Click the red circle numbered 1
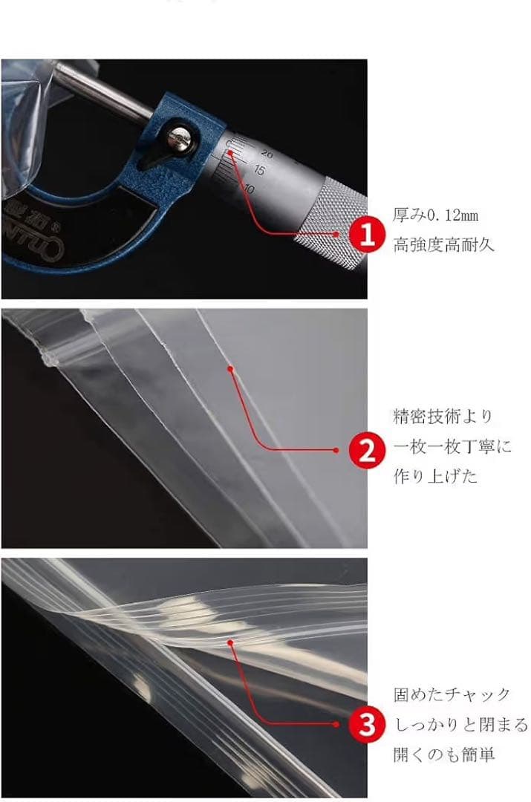pyautogui.click(x=367, y=235)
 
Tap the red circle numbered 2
pyautogui.click(x=367, y=451)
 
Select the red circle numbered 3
pyautogui.click(x=367, y=724)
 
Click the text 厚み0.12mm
pyautogui.click(x=435, y=215)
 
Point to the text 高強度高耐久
pyautogui.click(x=443, y=244)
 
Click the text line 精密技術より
pyautogui.click(x=443, y=417)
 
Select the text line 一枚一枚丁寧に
pyautogui.click(x=452, y=446)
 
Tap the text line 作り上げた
pyautogui.click(x=435, y=476)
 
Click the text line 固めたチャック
pyautogui.click(x=452, y=694)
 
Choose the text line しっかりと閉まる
pyautogui.click(x=461, y=724)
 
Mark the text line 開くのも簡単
pyautogui.click(x=443, y=754)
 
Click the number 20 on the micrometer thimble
pyautogui.click(x=267, y=153)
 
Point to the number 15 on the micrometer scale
pyautogui.click(x=259, y=170)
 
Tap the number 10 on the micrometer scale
pyautogui.click(x=249, y=188)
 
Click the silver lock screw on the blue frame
pyautogui.click(x=178, y=139)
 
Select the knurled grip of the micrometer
pyautogui.click(x=333, y=223)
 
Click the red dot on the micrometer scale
pyautogui.click(x=231, y=152)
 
